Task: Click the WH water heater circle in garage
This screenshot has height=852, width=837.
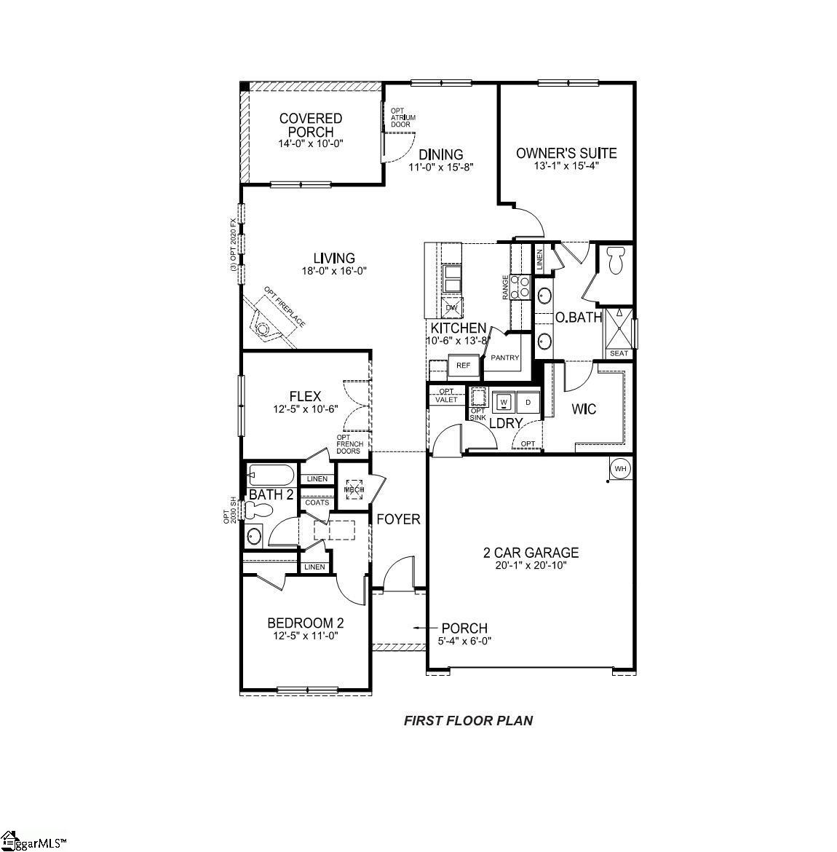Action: (620, 468)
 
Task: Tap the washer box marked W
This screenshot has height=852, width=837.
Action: (504, 401)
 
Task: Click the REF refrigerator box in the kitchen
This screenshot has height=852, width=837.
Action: (463, 366)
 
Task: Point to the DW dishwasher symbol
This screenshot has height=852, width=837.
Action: (452, 308)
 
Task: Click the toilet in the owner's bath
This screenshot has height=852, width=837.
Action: (615, 260)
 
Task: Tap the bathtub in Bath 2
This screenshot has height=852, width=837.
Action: (270, 476)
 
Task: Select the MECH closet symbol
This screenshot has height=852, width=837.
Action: (354, 489)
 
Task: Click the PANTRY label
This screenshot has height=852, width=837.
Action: (504, 358)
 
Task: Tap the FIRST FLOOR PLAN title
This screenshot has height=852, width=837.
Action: (468, 721)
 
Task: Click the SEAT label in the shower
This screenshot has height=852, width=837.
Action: (619, 353)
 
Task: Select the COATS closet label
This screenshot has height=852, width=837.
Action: (317, 502)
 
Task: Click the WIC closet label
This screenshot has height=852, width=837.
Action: (584, 409)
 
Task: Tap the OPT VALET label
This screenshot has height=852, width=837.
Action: (445, 395)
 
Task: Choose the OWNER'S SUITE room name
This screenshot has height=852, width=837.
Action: (566, 154)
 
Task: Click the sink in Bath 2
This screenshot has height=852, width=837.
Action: (254, 537)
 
